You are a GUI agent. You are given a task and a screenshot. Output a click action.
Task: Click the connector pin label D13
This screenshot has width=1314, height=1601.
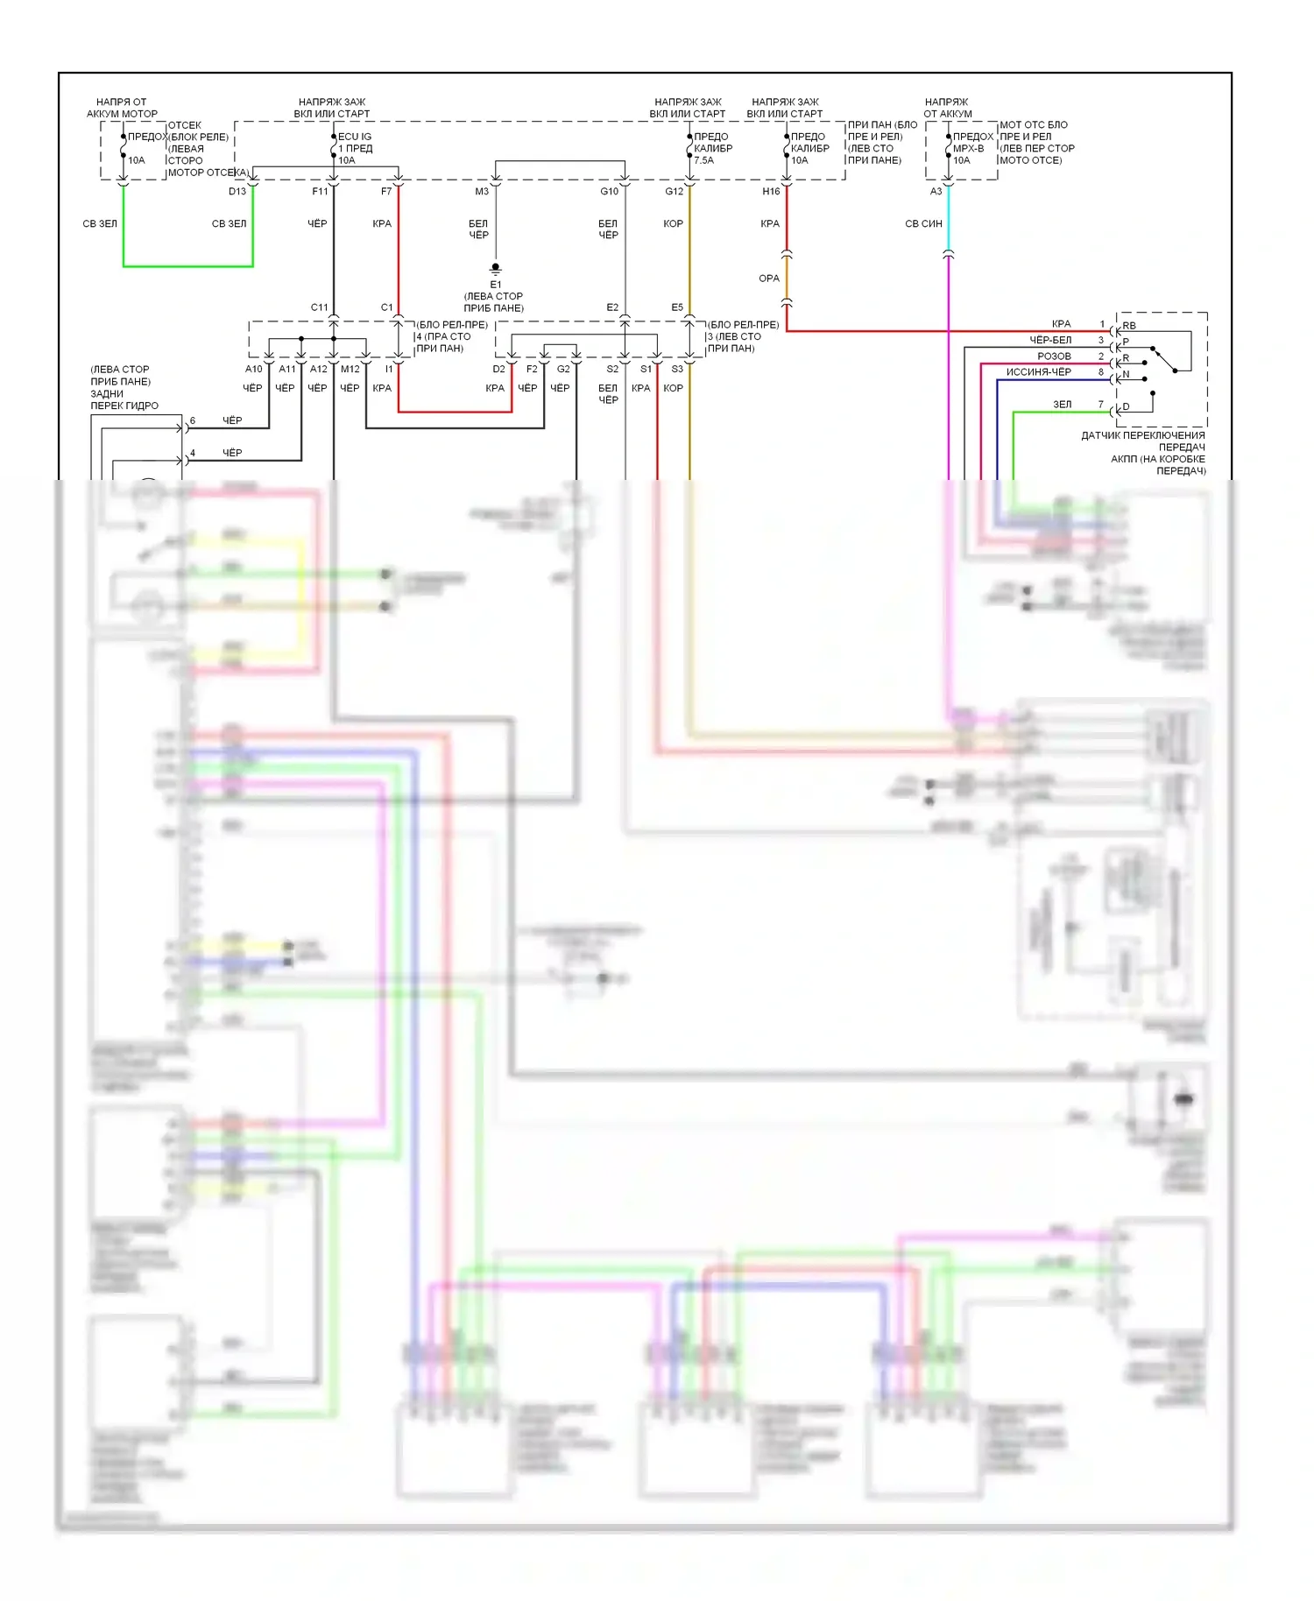coord(237,191)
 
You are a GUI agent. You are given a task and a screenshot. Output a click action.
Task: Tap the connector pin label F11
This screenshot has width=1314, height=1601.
coord(320,191)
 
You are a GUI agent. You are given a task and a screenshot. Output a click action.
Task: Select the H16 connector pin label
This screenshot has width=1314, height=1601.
coord(771,191)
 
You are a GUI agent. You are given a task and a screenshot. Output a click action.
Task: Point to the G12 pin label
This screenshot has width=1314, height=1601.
coord(674,191)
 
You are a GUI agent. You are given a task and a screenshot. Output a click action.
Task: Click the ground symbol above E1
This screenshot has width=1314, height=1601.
coord(496,269)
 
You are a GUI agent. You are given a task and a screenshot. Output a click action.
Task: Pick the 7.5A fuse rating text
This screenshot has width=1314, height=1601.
coord(704,160)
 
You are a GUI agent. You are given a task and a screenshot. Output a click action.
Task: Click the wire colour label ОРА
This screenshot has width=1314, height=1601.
coord(769,279)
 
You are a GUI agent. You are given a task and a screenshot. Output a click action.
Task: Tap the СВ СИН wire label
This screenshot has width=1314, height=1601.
coord(923,223)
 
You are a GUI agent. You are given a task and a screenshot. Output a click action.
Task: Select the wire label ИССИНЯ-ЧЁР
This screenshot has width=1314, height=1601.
coord(1038,372)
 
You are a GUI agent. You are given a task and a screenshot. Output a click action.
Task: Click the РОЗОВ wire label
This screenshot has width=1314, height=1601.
coord(1054,356)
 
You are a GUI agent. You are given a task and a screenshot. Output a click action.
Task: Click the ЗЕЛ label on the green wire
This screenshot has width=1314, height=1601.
coord(1062,405)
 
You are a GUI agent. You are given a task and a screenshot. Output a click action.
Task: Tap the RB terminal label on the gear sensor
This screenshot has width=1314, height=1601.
coord(1129,326)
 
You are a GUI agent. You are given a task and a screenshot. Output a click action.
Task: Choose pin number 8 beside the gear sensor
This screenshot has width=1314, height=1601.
coord(1101,372)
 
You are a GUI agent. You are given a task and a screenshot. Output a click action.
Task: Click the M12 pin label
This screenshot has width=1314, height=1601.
coord(350,369)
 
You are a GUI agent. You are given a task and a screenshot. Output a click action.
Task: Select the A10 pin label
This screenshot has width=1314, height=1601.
coord(254,369)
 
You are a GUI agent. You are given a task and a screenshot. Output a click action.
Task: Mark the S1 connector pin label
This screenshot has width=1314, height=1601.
coord(646,369)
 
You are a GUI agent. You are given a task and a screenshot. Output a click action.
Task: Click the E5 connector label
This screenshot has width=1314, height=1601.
coord(677,307)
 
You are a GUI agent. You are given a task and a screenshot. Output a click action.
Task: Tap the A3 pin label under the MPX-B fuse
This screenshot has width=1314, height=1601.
coord(936,191)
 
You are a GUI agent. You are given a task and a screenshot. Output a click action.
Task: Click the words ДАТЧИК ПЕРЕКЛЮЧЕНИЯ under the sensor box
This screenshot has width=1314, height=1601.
coord(1142,435)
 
